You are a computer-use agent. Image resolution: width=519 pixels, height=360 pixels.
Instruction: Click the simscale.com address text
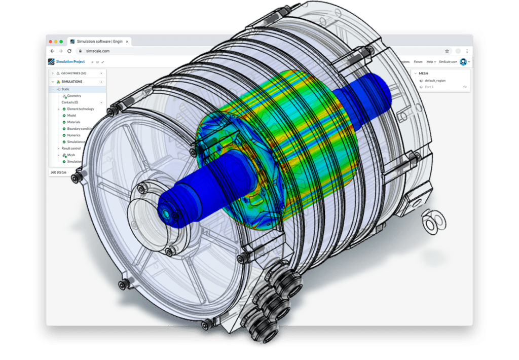point(93,51)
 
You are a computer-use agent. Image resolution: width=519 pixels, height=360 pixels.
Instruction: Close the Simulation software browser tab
point(127,41)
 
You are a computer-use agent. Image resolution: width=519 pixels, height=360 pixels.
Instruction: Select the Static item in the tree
point(65,89)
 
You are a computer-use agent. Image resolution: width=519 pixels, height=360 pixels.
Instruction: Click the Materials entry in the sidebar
point(75,122)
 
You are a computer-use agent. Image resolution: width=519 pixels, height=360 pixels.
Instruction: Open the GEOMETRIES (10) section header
point(73,73)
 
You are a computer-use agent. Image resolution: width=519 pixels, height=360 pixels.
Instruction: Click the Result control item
point(71,148)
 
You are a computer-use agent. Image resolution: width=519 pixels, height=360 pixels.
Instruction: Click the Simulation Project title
point(70,61)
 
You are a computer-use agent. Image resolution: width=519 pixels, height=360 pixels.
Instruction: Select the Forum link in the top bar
point(418,61)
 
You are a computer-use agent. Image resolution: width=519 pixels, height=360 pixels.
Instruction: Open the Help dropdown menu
point(430,61)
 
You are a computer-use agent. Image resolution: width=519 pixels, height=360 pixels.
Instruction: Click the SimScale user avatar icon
point(463,61)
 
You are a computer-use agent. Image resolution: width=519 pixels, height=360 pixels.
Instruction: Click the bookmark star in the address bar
point(447,51)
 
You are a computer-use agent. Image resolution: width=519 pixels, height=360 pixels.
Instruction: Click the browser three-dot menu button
point(467,51)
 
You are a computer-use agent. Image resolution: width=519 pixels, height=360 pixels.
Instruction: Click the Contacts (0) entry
point(69,102)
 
